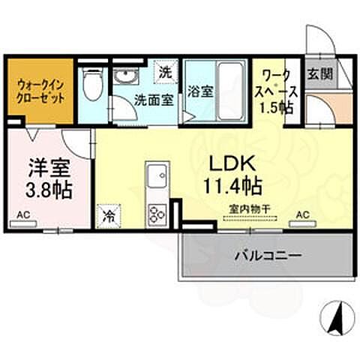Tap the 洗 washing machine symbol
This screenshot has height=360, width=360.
166,73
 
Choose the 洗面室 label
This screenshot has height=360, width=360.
154,98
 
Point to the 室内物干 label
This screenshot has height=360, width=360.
249,211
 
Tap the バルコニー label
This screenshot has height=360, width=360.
268,255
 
